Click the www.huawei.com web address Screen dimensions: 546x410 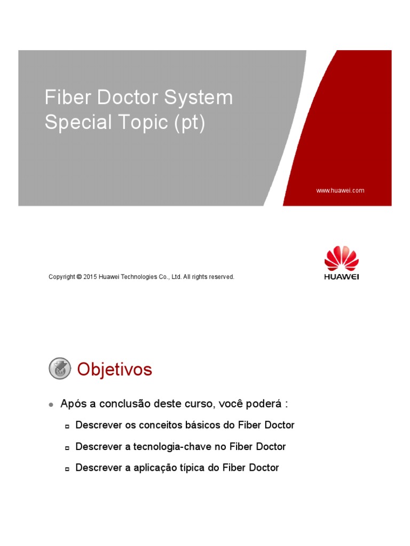(x=340, y=190)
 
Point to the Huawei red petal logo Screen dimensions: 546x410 (x=342, y=258)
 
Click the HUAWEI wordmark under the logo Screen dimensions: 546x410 (x=342, y=277)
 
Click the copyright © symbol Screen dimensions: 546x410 (x=79, y=277)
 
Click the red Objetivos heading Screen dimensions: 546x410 (x=115, y=370)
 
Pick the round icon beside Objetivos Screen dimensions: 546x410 (x=60, y=369)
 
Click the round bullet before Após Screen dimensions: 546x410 (x=51, y=405)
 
